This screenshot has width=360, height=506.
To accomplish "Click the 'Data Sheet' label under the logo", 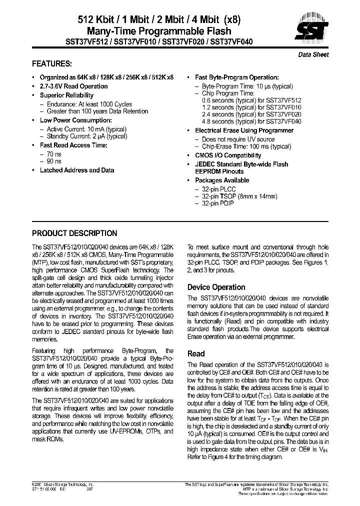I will [x=313, y=54].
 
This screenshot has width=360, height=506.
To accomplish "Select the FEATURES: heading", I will [x=51, y=64].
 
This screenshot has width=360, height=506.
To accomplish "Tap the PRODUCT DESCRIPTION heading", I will [x=74, y=233].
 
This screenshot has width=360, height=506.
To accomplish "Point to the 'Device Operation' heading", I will [x=216, y=287].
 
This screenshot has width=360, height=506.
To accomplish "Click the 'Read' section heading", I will [x=196, y=353].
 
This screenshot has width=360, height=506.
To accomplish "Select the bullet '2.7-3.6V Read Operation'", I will [x=73, y=86].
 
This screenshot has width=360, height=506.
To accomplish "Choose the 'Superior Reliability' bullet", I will [x=66, y=95].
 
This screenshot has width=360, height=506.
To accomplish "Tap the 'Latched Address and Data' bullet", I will [x=76, y=170].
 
